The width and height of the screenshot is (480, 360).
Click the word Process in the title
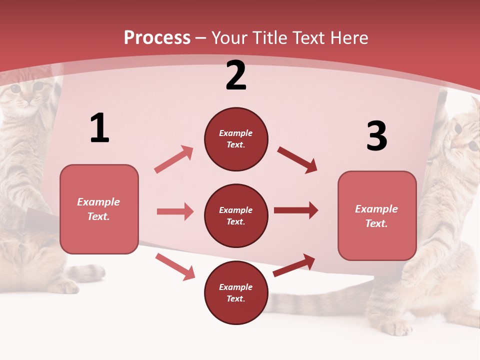coord(157,38)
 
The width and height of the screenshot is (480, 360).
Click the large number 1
coord(99,128)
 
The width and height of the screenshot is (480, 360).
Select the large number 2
coord(236,75)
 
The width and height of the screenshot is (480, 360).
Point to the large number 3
coord(376,136)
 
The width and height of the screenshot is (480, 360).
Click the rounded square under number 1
coord(99,209)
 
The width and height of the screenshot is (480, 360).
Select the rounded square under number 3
coord(377,216)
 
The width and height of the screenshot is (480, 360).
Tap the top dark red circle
coord(236,139)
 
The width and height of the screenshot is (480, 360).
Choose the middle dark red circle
coord(236,216)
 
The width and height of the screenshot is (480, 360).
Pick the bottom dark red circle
coord(236,293)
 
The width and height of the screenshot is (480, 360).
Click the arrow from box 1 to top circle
coord(174,159)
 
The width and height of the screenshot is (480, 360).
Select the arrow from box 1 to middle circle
coord(175,211)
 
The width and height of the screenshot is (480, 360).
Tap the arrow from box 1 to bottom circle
coord(175,266)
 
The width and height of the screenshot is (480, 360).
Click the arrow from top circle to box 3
coord(297,159)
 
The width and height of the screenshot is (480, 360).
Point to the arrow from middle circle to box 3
coord(296,210)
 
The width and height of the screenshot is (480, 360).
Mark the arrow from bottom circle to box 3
coord(294,265)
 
